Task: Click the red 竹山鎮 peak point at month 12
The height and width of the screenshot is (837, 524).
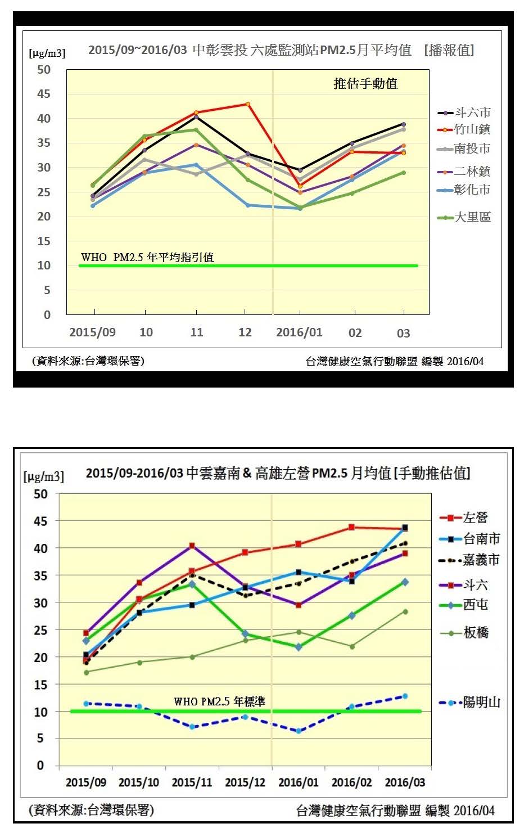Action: pos(248,104)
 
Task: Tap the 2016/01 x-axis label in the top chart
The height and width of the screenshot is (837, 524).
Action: pos(299,332)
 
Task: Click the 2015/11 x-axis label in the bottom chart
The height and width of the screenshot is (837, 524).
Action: pos(192,782)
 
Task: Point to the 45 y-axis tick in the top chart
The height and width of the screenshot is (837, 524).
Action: pos(44,94)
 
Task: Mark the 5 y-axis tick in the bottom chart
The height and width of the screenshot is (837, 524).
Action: pos(40,738)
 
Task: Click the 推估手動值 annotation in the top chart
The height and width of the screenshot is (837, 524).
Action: pos(365,84)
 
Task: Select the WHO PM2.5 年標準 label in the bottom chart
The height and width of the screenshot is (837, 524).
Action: pos(219,701)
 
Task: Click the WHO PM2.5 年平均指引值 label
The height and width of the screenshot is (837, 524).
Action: pos(147,257)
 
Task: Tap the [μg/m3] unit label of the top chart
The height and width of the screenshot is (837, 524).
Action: pos(47,53)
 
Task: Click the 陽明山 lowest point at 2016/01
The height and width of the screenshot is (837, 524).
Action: pos(299,731)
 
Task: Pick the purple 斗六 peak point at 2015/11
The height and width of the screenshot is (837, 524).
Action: pos(192,546)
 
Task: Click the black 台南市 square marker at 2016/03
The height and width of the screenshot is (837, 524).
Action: pos(405,528)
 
